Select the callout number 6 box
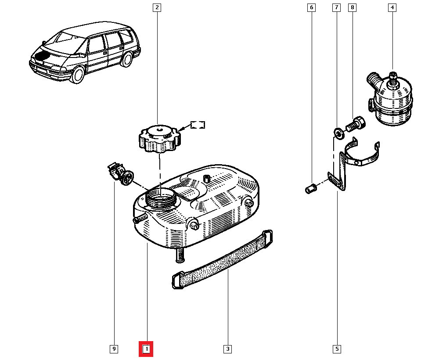[x=311, y=7]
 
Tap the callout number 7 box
[x=336, y=7]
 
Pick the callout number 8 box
[x=352, y=7]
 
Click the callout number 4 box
[x=392, y=7]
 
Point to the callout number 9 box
[x=114, y=349]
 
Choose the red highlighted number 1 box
[x=146, y=349]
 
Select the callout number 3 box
[x=227, y=349]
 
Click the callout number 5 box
[x=337, y=349]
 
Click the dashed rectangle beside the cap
[x=198, y=125]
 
